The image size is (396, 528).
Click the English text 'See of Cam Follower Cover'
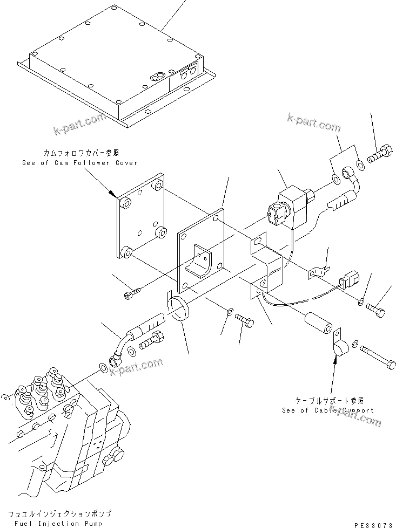80,162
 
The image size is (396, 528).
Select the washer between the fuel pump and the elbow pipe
102,368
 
